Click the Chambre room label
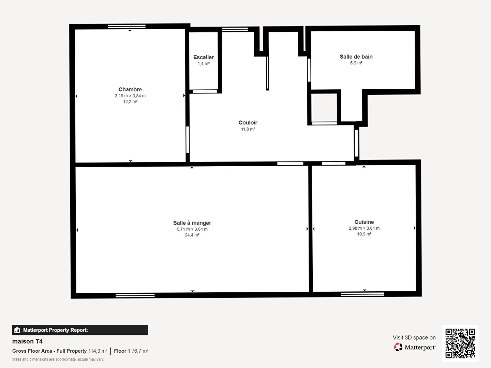pos(130,89)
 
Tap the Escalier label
pos(203,57)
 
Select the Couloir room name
pos(248,122)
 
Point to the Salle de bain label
pos(356,57)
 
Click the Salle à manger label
pos(192,223)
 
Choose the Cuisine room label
pos(364,222)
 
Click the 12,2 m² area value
pos(130,102)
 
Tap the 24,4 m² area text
pos(192,235)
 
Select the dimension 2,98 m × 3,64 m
pos(364,228)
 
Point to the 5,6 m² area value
pos(356,63)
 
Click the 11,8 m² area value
pos(248,129)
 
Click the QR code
pos(460,343)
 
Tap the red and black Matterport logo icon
pos(398,347)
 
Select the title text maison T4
pos(27,341)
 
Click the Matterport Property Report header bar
pos(80,330)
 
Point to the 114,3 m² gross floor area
pos(98,351)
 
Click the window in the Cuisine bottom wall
pos(362,294)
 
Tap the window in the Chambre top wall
pos(127,26)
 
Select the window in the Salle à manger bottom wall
pos(135,296)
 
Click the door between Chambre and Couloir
pos(188,140)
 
